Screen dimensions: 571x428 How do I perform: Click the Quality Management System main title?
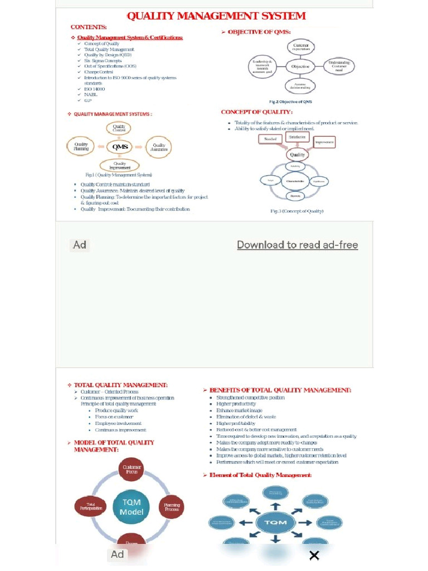pos(216,16)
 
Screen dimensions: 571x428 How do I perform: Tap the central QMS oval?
pos(120,147)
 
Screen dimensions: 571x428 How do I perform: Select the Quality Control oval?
pos(119,128)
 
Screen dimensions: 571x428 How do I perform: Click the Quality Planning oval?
pos(81,147)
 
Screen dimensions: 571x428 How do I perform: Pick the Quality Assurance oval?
pos(159,147)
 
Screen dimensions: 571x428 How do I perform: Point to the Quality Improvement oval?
pos(119,166)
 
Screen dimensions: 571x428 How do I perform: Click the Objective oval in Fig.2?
pos(300,66)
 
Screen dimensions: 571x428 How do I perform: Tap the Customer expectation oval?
pos(301,47)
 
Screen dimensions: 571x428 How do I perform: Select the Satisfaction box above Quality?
pos(297,137)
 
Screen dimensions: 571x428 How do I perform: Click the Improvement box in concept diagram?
pos(324,142)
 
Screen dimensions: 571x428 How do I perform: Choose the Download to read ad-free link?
pos(297,245)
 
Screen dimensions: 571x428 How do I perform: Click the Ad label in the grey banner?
pos(80,245)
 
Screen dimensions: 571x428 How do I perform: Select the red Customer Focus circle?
pos(132,469)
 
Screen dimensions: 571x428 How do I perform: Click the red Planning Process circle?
pos(172,507)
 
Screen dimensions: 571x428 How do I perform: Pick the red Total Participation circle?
pos(90,506)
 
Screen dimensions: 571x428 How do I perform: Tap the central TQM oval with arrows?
pos(275,522)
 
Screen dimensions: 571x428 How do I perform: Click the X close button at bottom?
pos(314,555)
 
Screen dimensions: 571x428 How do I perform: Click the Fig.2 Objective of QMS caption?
pos(290,101)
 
